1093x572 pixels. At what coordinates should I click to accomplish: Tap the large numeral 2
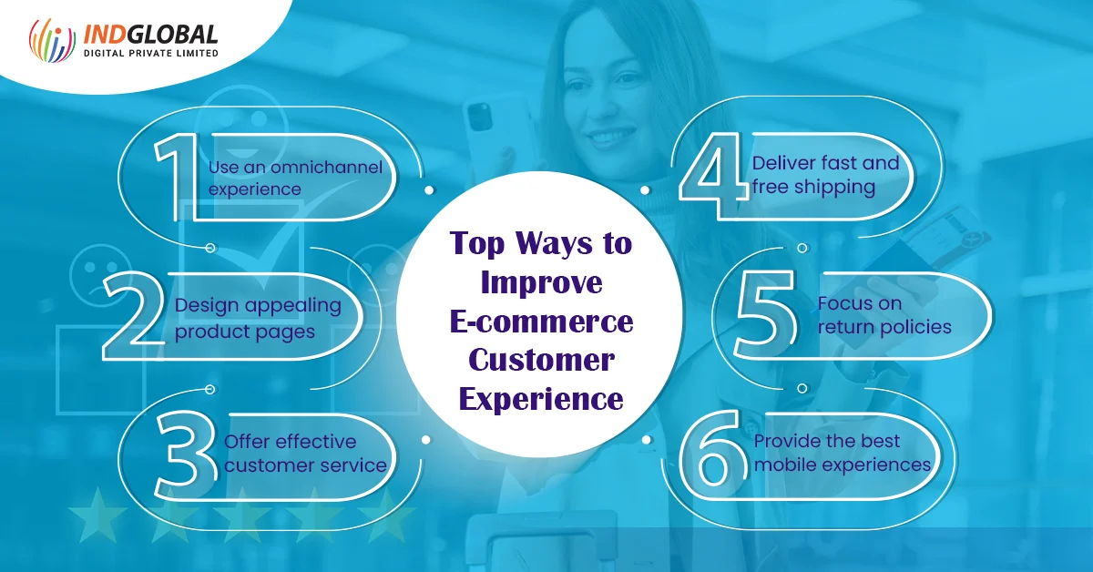134,316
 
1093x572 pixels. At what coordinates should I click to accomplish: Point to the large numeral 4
713,177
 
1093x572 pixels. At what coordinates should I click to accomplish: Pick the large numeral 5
765,316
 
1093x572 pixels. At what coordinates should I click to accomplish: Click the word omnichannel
326,168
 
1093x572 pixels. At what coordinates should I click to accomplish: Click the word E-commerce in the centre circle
542,322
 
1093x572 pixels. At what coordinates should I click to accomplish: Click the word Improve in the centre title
542,283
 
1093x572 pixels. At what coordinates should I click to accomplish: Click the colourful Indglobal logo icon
52,40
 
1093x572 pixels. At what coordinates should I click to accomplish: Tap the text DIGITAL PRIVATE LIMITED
151,53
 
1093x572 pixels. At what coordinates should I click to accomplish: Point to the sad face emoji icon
100,275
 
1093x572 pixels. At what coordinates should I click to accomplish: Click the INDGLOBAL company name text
151,35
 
